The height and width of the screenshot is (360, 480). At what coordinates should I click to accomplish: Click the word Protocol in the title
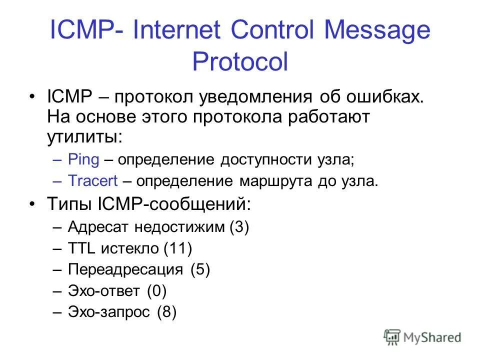coord(240,63)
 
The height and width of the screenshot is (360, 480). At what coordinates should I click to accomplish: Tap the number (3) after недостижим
coord(239,227)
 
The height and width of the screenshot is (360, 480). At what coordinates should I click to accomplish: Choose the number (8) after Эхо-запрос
coord(167,312)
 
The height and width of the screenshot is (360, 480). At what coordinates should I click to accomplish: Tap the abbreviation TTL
coord(82,248)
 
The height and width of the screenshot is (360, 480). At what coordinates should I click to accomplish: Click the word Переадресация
coord(125,270)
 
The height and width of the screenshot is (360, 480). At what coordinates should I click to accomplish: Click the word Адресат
coord(97,227)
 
